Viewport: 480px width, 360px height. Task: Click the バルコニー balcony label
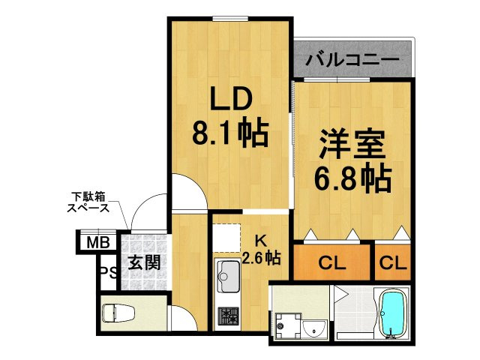pos(352,60)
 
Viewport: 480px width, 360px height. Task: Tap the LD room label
pos(231,98)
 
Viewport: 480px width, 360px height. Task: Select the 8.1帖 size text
pos(230,133)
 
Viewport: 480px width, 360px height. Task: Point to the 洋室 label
pos(352,145)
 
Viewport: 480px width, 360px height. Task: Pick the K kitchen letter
pos(261,241)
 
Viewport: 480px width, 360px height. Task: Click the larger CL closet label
pos(331,262)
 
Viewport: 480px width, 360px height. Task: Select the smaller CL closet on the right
pos(393,262)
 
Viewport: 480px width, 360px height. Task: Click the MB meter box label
pos(98,243)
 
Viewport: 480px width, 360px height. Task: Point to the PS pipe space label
pos(109,271)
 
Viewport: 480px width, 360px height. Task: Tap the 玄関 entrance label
pos(144,262)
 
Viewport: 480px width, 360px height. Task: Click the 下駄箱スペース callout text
pos(88,202)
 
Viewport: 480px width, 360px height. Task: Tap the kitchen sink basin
pos(228,276)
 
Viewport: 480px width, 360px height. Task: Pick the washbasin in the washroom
pos(314,329)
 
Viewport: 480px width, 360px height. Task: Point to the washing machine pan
pos(288,325)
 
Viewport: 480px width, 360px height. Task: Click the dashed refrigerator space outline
pos(226,238)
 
